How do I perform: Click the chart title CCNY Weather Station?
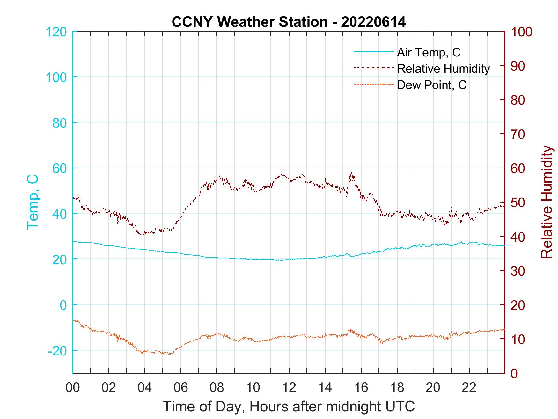pos(289,22)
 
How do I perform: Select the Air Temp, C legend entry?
pos(428,52)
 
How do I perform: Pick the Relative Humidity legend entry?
pos(443,69)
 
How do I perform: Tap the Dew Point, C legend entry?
pos(431,85)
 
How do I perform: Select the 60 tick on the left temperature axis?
pos(59,168)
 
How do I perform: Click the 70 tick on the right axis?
pos(518,134)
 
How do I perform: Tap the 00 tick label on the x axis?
pos(73,388)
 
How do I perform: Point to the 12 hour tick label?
pos(289,388)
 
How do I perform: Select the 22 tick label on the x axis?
pos(469,388)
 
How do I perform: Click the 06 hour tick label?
pos(181,388)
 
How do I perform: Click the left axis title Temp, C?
pos(33,202)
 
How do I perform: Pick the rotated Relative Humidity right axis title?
pos(547,202)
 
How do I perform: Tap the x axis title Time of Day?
pos(289,407)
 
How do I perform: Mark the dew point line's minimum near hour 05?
pos(170,354)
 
